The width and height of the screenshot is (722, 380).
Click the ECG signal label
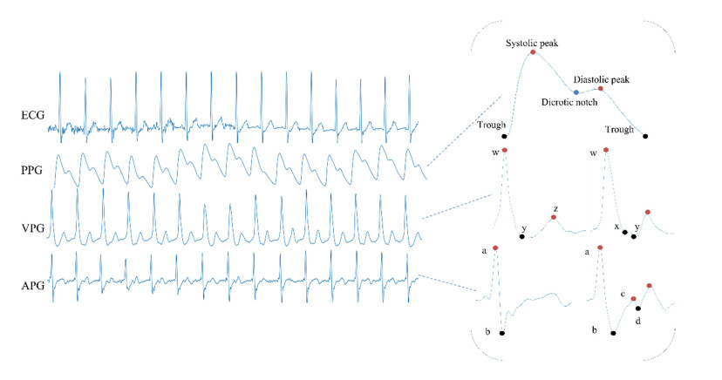[x=32, y=115]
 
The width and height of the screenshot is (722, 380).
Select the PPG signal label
[x=31, y=171]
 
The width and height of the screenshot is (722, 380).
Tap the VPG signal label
[x=32, y=228]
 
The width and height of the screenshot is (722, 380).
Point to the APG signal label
[x=32, y=286]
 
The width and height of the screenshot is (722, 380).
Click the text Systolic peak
[x=532, y=44]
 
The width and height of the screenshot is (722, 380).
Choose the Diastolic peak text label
[x=602, y=79]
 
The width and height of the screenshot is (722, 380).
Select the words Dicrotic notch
[x=569, y=102]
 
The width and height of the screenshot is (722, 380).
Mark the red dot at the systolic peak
[x=533, y=52]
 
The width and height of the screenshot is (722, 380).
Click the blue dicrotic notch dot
[x=576, y=92]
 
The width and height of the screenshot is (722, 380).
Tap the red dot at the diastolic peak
[x=601, y=88]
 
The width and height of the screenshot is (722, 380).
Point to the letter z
[x=556, y=209]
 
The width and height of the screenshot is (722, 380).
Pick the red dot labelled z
[x=554, y=217]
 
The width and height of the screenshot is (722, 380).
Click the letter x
[x=617, y=227]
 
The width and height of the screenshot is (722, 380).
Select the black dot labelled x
[x=625, y=233]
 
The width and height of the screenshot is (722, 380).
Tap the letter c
[x=623, y=294]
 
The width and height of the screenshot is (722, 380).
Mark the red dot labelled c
[x=634, y=299]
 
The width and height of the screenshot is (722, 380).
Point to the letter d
[x=638, y=321]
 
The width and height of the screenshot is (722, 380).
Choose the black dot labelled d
[x=638, y=309]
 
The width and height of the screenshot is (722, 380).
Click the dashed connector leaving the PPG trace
[x=464, y=130]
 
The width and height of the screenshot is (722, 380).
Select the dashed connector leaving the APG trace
[x=446, y=283]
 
